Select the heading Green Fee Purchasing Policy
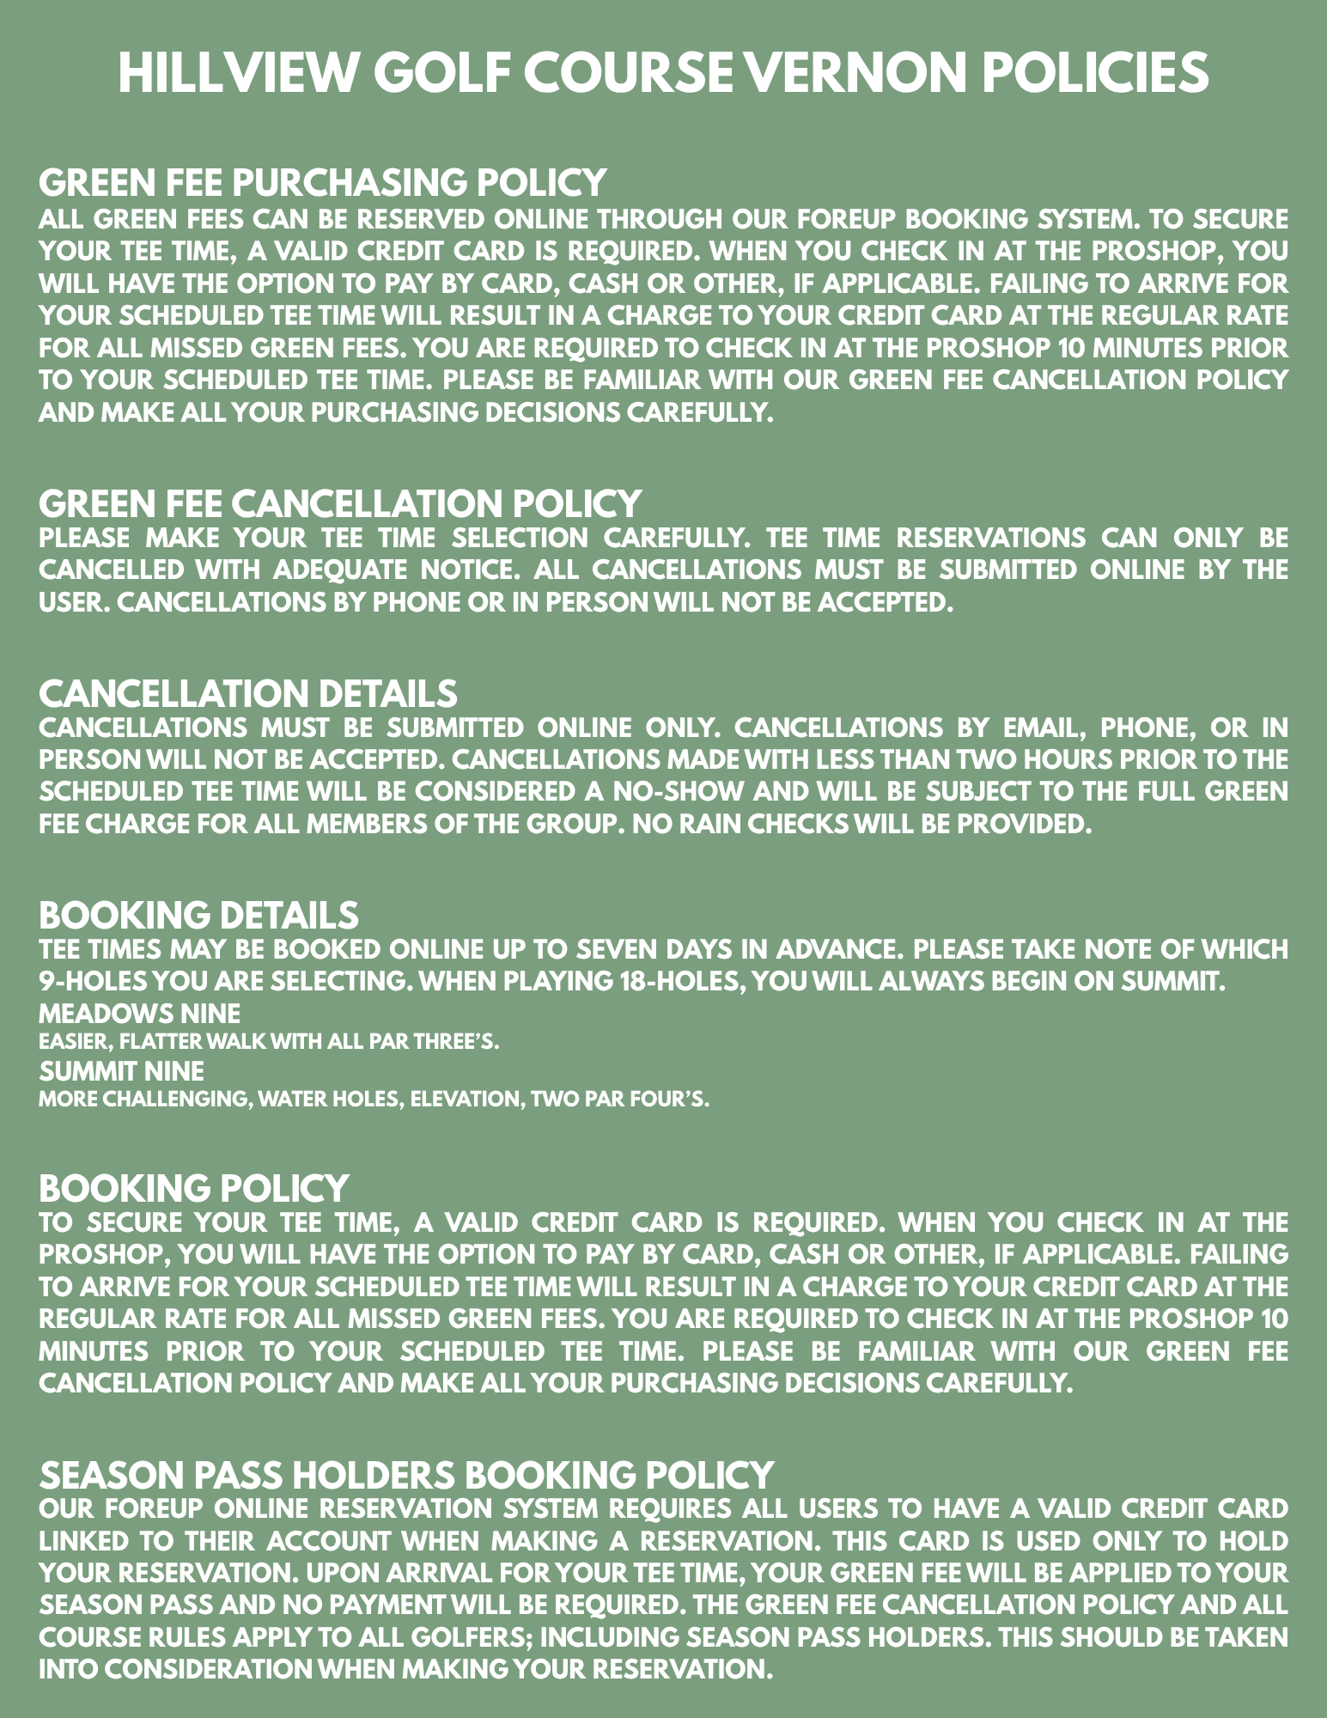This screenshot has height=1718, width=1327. pos(323,182)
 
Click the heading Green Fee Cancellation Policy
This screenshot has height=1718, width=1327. pos(340,503)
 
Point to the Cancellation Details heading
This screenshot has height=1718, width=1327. pos(248,693)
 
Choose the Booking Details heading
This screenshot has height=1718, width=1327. pos(198,915)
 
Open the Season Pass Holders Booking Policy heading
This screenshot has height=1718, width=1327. pos(406,1475)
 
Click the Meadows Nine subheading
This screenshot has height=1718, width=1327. pos(139,1014)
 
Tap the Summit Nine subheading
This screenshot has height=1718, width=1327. pos(121,1071)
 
